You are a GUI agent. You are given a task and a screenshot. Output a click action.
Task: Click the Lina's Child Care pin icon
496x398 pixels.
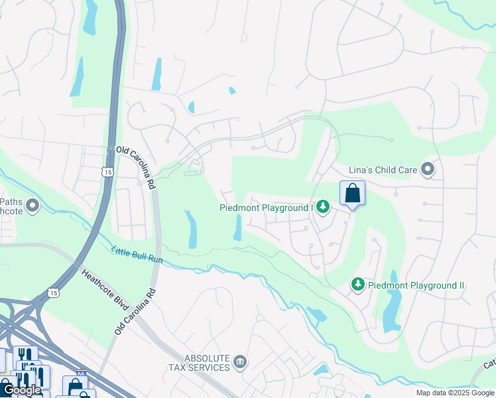428,170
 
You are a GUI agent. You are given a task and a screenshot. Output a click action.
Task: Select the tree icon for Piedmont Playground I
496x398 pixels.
322,208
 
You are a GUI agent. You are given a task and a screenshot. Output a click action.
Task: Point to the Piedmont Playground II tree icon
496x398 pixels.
358,285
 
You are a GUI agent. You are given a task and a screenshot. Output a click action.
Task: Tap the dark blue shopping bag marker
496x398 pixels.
353,193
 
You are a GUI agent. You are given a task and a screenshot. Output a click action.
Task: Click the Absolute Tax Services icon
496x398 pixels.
240,362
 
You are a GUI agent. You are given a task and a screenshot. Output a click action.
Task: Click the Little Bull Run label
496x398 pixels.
137,255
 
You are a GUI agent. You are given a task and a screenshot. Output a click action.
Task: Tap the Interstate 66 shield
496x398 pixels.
82,374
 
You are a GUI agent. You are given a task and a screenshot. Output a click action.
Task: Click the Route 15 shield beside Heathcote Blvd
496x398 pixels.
53,292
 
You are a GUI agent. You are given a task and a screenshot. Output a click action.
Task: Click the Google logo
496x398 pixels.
22,390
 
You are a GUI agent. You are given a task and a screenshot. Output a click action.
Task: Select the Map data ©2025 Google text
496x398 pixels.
454,393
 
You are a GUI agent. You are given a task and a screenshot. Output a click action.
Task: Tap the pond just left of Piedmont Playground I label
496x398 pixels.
237,229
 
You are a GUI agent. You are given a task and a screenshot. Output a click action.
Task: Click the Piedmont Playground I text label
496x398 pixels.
266,208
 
